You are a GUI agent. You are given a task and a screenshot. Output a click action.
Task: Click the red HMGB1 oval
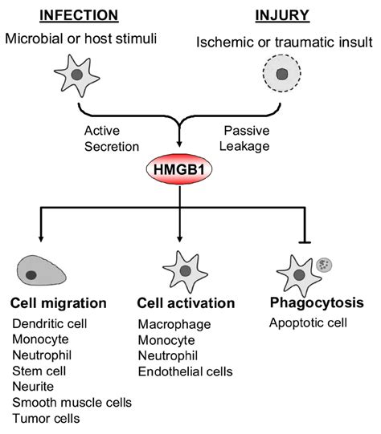click(179, 169)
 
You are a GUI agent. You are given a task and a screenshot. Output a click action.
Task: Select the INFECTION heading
click(79, 15)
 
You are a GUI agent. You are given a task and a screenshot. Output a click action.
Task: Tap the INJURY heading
click(282, 15)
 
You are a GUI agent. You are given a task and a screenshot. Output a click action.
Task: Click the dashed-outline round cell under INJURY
click(281, 73)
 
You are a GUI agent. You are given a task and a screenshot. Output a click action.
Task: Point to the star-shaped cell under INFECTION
click(77, 75)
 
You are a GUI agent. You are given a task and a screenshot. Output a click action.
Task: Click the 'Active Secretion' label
click(112, 139)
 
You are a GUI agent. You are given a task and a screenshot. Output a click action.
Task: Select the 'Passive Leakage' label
click(244, 139)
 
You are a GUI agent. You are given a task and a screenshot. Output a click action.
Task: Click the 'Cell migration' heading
click(59, 303)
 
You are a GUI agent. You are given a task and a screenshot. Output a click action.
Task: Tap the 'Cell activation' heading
click(186, 303)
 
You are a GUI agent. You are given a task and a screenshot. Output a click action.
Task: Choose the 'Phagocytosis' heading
click(317, 303)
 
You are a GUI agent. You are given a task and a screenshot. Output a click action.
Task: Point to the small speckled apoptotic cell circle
click(324, 265)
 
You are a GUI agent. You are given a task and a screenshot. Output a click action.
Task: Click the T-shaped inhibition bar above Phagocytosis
click(305, 242)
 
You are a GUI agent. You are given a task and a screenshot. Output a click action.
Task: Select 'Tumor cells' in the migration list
click(46, 418)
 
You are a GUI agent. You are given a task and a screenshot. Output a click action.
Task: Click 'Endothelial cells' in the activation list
click(185, 371)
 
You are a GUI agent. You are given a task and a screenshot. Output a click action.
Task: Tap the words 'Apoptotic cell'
click(308, 323)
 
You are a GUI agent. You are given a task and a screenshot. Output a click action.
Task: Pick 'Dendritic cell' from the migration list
click(50, 323)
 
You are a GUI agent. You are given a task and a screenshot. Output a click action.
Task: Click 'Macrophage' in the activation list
click(174, 325)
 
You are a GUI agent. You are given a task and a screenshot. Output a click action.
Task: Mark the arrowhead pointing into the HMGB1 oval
click(179, 144)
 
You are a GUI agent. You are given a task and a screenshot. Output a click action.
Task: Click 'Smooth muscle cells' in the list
click(72, 403)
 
